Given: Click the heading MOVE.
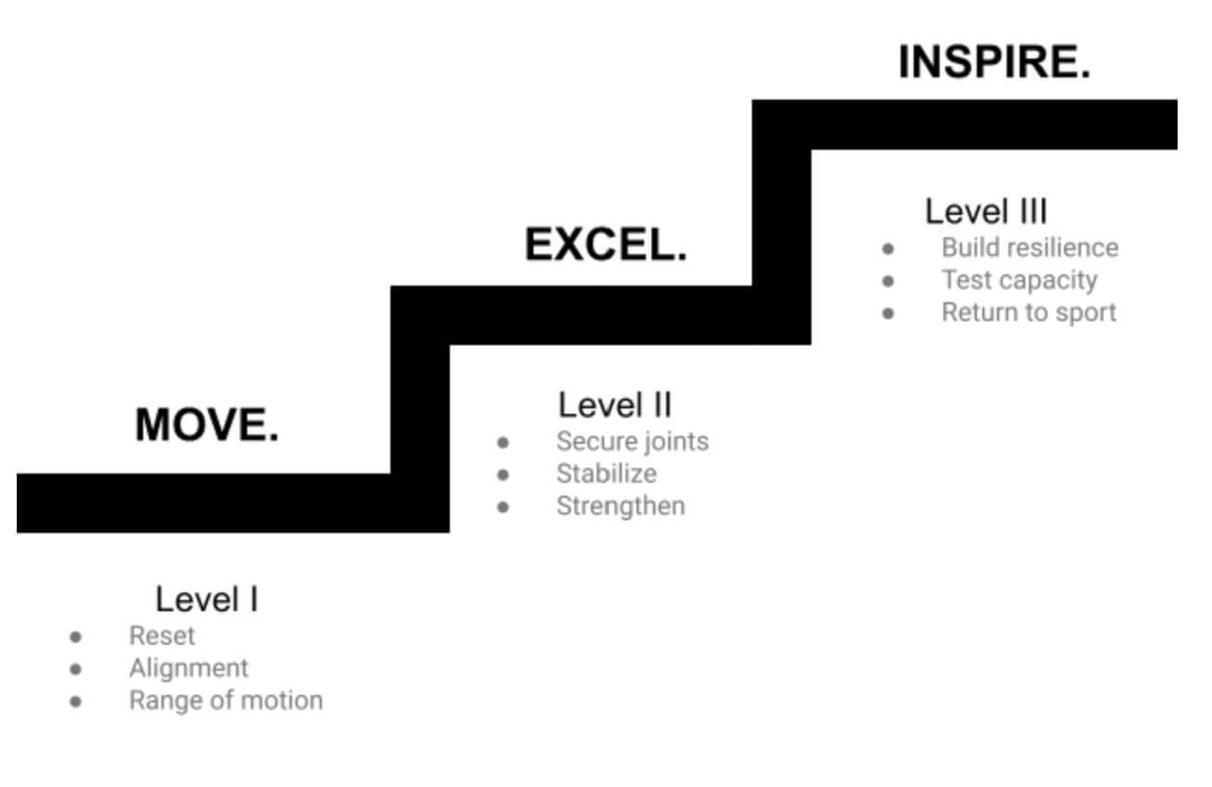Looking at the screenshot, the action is (x=206, y=424).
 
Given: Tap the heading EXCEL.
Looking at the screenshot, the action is (x=606, y=245).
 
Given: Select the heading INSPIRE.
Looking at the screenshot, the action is (x=995, y=62).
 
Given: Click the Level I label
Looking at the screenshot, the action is (x=206, y=600).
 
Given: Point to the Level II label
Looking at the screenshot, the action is (x=614, y=406).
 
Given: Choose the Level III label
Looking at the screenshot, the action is (x=986, y=211).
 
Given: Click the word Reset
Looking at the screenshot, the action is (x=162, y=636).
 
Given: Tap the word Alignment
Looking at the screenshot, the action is (x=189, y=669).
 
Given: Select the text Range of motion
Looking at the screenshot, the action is (x=226, y=700).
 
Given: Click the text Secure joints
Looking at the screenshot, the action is (x=633, y=442).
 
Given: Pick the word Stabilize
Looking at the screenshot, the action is (x=607, y=474).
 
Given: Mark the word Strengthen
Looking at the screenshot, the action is (x=621, y=506).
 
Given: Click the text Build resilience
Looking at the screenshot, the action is (x=1030, y=248).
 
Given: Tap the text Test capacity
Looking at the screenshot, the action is (x=1020, y=281).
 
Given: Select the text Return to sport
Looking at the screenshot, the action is (x=1029, y=313).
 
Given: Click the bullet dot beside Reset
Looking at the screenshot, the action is (x=76, y=637).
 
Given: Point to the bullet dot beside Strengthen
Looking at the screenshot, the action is (x=503, y=508).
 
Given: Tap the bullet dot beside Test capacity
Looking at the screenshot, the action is (x=888, y=281).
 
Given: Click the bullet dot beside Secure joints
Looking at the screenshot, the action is (x=503, y=443).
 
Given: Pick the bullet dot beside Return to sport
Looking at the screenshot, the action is (x=888, y=313).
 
